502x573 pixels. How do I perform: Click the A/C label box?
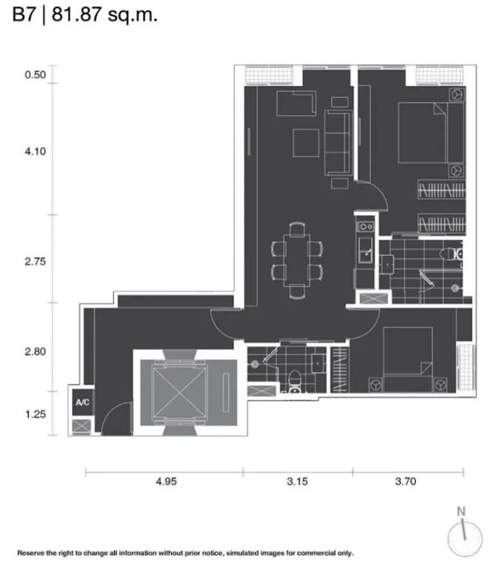pos(83,402)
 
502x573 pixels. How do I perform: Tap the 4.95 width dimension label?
pos(166,481)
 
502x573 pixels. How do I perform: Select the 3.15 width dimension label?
pos(298,481)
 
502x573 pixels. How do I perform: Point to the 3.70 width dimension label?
pos(405,481)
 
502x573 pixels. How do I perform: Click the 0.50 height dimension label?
pos(36,74)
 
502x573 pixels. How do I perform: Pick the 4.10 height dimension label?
pos(36,152)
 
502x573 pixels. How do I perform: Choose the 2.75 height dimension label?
pos(36,262)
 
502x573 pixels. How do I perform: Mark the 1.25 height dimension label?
pos(36,414)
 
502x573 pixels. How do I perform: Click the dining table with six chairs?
pos(297,260)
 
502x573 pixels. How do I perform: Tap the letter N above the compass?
pos(461,511)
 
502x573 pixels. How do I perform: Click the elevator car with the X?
pos(180,392)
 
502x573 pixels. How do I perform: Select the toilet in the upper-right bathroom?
pos(452,254)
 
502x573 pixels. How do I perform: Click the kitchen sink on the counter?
pos(366,250)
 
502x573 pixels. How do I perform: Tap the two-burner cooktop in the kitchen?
pos(365,227)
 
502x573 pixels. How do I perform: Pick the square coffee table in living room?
pos(306,143)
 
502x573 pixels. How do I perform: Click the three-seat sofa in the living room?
pos(338,143)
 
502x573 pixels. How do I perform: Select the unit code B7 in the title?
pos(24,15)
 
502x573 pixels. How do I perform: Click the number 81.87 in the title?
pos(76,15)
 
